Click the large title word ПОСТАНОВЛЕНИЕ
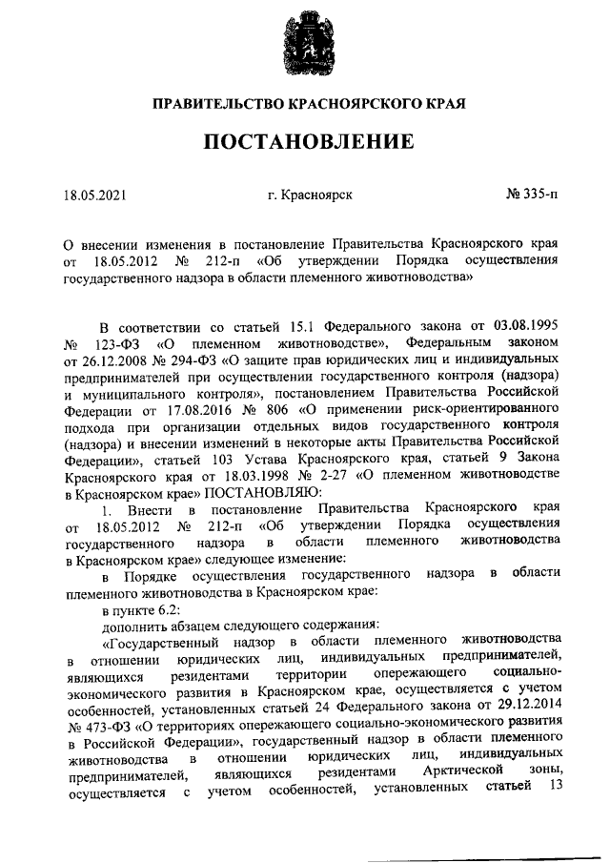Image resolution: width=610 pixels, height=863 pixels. click(x=305, y=142)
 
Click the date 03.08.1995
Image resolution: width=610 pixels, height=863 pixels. click(x=523, y=329)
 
